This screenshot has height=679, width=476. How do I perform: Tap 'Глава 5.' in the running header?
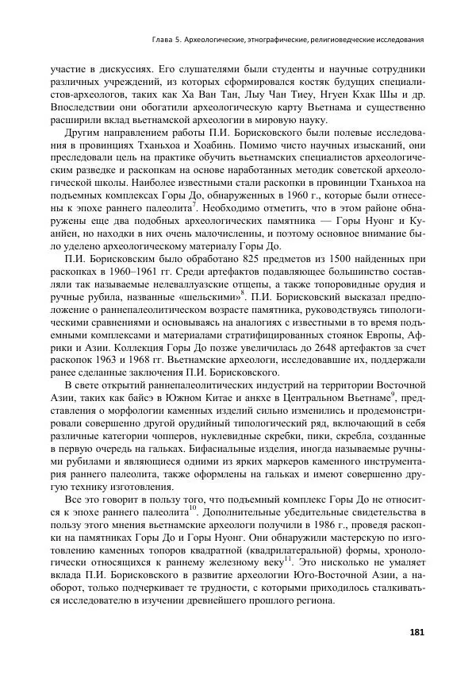click(x=170, y=38)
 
